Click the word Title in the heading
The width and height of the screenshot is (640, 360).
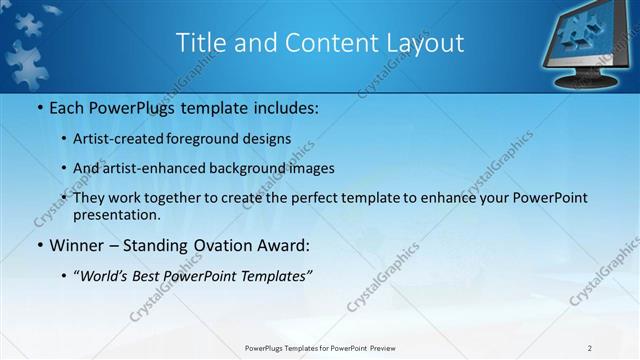coord(199,42)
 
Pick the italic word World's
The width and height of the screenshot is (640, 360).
coord(101,276)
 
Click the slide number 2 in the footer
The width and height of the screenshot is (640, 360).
coord(590,348)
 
